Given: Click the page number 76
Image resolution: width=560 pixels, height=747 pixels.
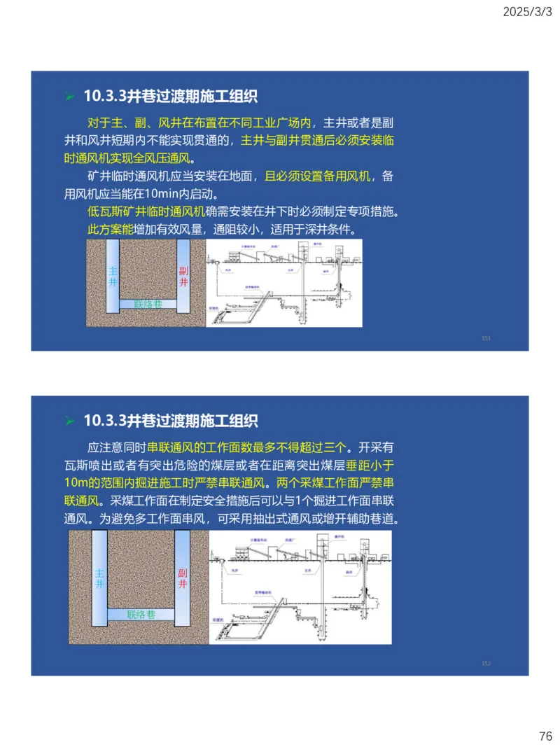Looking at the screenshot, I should click(545, 736).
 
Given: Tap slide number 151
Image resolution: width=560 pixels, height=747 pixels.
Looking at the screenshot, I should click(486, 338).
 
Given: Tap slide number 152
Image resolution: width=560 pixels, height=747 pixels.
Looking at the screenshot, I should click(486, 663).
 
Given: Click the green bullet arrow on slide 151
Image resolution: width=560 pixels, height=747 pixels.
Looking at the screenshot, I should click(69, 97).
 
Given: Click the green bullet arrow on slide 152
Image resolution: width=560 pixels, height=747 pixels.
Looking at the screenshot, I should click(69, 421).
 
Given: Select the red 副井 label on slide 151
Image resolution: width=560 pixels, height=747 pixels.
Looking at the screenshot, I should click(183, 277).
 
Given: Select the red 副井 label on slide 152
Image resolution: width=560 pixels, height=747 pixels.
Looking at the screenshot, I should click(183, 578).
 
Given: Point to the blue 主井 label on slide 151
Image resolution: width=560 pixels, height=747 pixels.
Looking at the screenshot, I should click(113, 277).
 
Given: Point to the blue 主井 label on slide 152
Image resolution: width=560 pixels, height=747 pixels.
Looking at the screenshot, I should click(99, 578).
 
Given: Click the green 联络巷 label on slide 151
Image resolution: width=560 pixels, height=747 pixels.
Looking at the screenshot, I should click(148, 304).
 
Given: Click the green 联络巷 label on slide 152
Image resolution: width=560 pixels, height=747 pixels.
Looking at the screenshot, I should click(141, 615).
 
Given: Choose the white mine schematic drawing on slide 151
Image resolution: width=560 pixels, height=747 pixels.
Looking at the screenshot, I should click(284, 283).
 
